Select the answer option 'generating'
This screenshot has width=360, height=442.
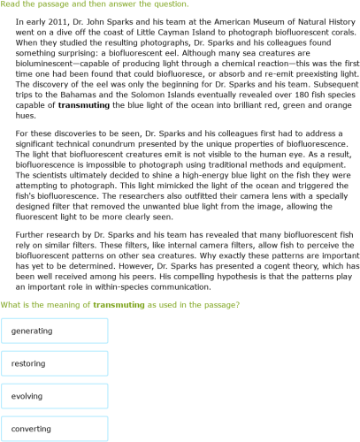pos(55,331)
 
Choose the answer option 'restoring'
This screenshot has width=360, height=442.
pos(55,363)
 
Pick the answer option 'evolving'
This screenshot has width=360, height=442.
pos(55,396)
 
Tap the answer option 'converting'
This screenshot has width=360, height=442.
pos(55,429)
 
